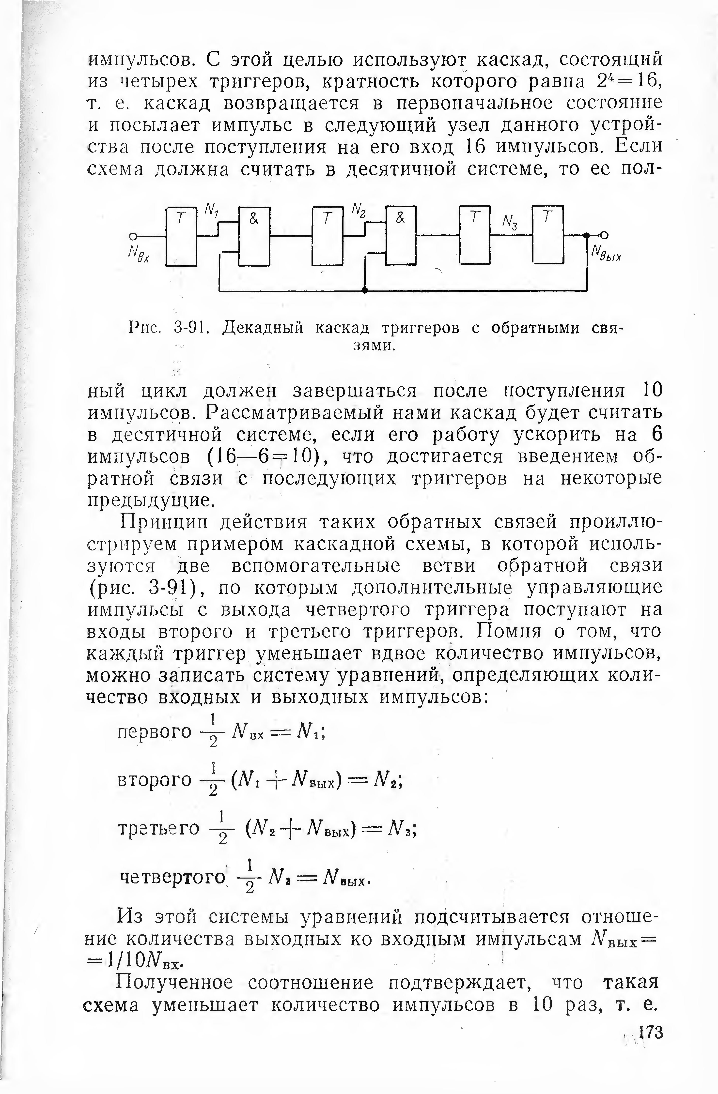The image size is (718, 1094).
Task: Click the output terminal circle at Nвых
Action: pos(604,235)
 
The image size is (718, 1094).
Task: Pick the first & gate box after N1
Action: pos(254,236)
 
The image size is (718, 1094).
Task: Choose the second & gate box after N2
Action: pos(401,235)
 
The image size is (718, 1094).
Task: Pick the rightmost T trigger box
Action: pos(548,234)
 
